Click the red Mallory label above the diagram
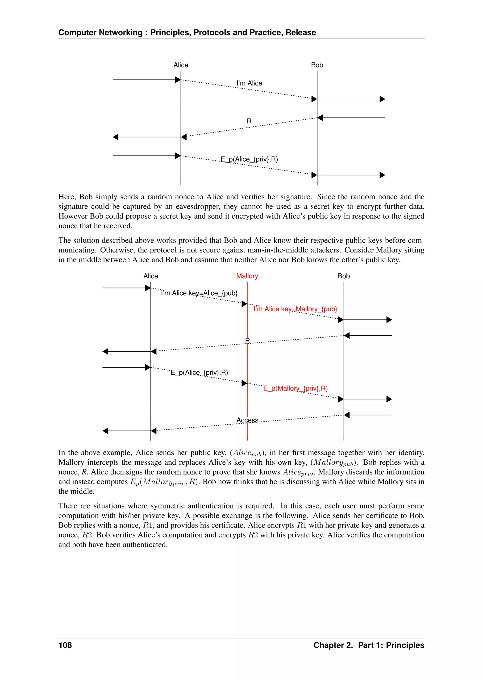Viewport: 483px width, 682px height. pos(247,276)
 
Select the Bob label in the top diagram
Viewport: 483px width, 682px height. pos(317,65)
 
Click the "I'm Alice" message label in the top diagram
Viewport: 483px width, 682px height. pos(249,83)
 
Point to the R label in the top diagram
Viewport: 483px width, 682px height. pos(249,121)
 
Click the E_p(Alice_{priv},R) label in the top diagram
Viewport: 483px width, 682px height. pos(249,159)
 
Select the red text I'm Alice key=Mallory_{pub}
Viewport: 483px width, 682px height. pos(295,309)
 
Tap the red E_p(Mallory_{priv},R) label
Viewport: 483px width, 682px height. pos(295,388)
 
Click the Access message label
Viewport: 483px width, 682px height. pos(247,420)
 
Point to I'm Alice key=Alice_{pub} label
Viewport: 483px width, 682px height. pos(199,293)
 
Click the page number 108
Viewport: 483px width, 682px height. pos(65,645)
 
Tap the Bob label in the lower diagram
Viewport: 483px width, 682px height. pos(344,276)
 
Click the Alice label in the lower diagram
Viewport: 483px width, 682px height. pos(150,276)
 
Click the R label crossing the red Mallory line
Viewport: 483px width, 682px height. pos(247,340)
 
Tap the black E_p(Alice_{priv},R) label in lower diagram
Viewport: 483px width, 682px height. pos(199,373)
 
